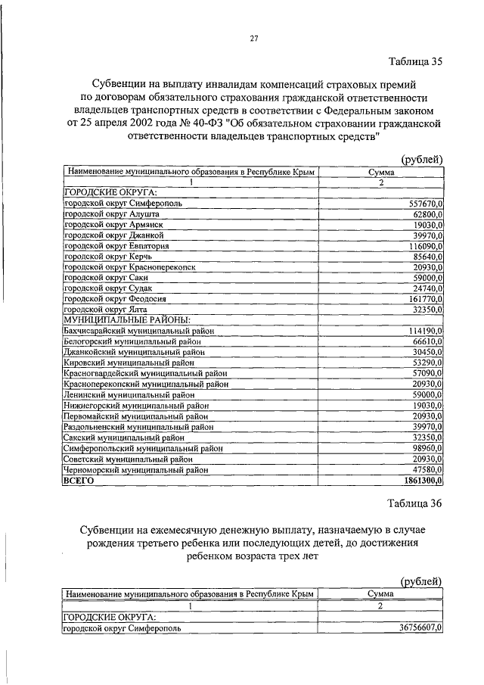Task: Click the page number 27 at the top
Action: click(x=254, y=40)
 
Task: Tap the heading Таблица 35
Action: click(x=415, y=61)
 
